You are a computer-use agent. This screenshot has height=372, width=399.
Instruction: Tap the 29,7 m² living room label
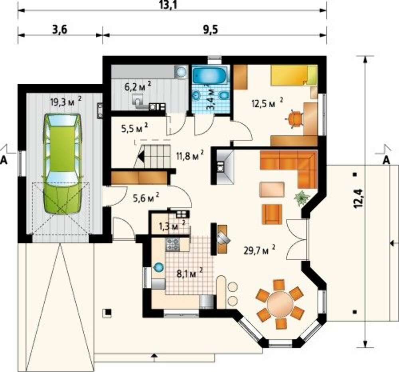click(259, 250)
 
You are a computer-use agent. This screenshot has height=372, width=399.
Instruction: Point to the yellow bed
click(294, 75)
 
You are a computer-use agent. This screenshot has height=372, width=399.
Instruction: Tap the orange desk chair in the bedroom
click(295, 119)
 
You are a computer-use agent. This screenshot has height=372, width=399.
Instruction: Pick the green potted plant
click(302, 197)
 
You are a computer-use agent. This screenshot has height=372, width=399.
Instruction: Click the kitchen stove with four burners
click(172, 244)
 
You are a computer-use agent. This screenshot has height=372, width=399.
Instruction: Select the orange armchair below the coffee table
click(272, 214)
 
